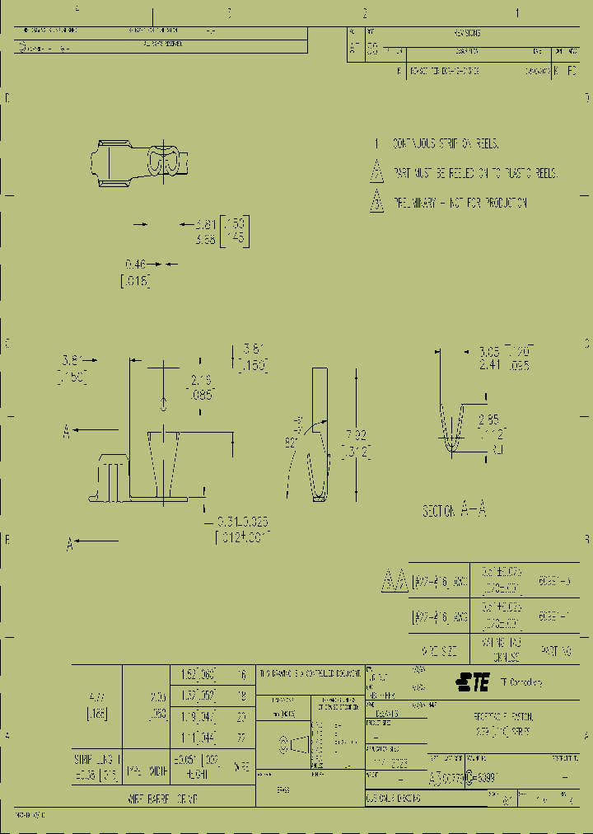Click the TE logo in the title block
pyautogui.click(x=473, y=682)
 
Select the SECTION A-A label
pyautogui.click(x=454, y=511)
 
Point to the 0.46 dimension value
pyautogui.click(x=135, y=264)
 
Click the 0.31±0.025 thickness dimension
pyautogui.click(x=242, y=522)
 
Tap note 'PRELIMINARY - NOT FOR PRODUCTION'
pyautogui.click(x=460, y=203)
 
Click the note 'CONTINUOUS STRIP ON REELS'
pyautogui.click(x=445, y=143)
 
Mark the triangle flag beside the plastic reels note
pyautogui.click(x=376, y=173)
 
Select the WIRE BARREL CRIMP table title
pyautogui.click(x=162, y=799)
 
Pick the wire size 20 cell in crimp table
pyautogui.click(x=241, y=716)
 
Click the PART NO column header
pyautogui.click(x=557, y=650)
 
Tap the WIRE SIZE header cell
pyautogui.click(x=439, y=650)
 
